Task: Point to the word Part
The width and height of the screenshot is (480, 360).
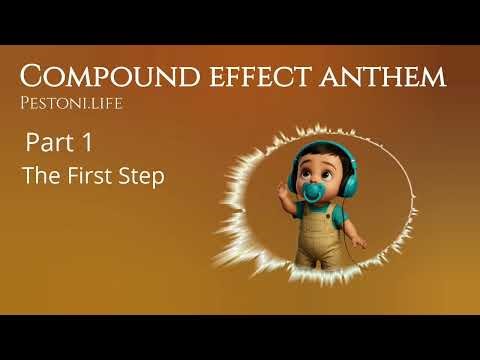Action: pos(47,144)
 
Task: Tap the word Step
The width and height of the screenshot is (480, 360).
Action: pos(143,176)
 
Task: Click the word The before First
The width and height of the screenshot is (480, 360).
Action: pos(41,176)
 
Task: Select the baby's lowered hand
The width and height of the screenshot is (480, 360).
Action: pos(359,243)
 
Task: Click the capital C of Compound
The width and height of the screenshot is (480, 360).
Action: pos(34,76)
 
